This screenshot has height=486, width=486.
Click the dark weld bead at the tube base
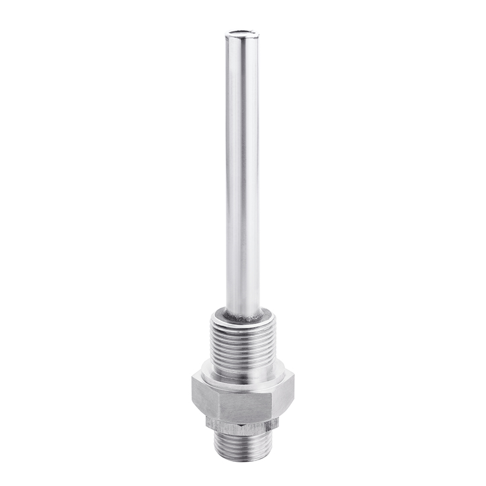(x=243, y=316)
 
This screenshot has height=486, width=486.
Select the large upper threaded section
(x=243, y=344)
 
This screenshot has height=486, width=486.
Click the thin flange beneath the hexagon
(x=242, y=426)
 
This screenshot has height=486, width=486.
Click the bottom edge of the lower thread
(x=242, y=460)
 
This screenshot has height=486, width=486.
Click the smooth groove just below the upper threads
(x=243, y=366)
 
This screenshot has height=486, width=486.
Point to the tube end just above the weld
(x=243, y=305)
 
